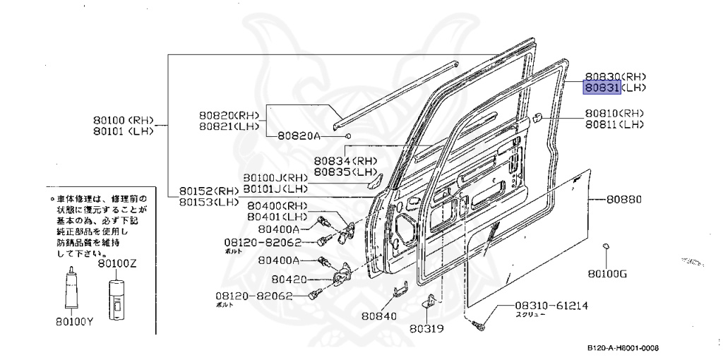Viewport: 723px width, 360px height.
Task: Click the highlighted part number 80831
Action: [x=600, y=88]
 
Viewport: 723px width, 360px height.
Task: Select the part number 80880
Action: [x=623, y=200]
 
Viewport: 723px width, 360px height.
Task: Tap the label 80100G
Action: [x=607, y=273]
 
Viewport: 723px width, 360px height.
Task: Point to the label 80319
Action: [x=427, y=328]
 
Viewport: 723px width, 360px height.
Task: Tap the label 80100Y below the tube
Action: [x=75, y=323]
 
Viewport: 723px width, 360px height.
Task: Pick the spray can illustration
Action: [x=116, y=295]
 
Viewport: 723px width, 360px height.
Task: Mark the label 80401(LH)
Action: [x=276, y=215]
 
